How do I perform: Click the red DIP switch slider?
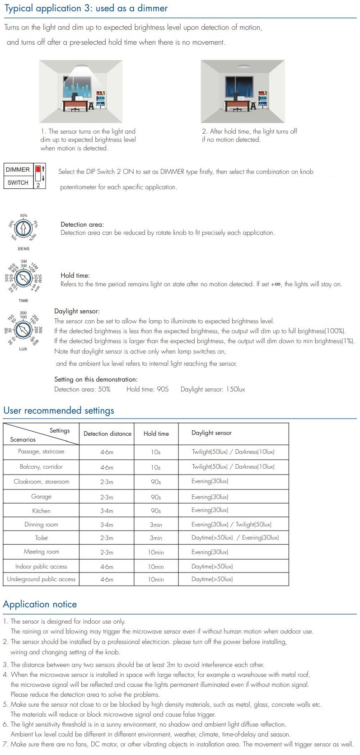coord(38,170)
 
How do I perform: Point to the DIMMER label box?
coord(18,170)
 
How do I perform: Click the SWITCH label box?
coord(18,182)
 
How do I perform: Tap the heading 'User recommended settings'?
coord(59,410)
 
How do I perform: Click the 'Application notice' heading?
coord(40,604)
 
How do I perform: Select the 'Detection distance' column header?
coord(108,433)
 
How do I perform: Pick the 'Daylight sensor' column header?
coord(211,433)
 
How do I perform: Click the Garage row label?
coord(41,497)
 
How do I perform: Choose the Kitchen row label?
coord(41,511)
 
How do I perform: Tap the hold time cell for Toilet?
coord(156,538)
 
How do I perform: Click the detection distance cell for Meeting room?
coord(107,552)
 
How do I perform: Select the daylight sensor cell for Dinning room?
coord(231,525)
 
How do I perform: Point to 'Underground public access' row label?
coord(41,579)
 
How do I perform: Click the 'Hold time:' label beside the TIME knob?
coord(75,275)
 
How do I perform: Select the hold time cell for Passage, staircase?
coord(156,452)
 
